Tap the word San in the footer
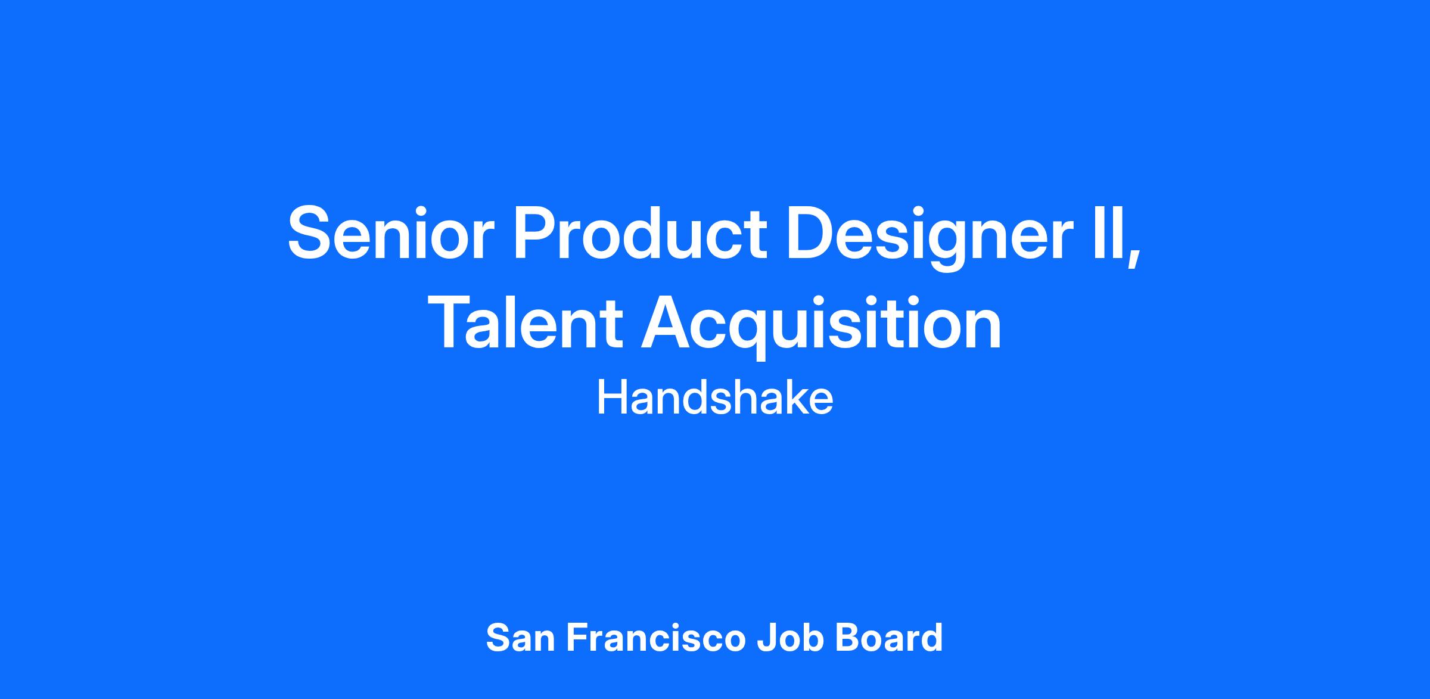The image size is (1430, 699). (x=520, y=638)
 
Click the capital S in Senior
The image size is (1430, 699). (x=309, y=232)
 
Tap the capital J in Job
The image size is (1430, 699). (x=767, y=638)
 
